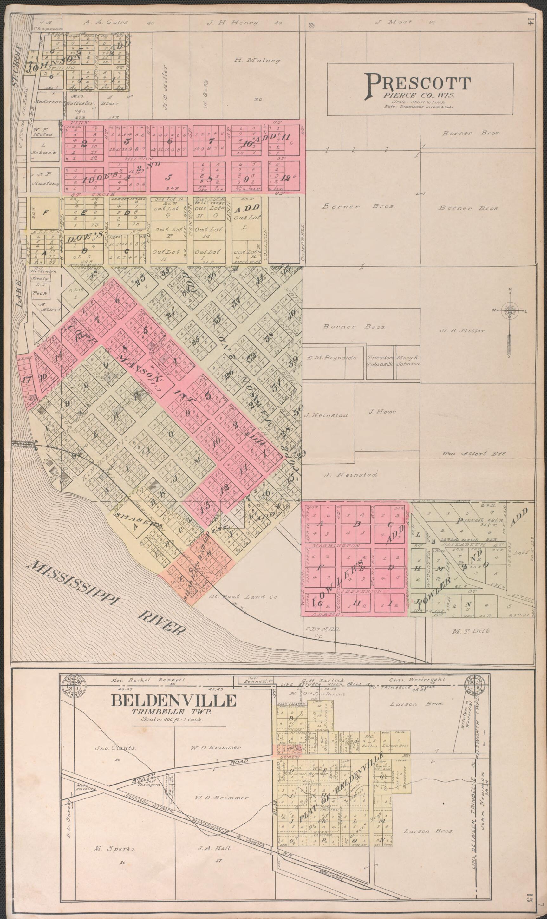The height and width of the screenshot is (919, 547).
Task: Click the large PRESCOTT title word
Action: point(418,84)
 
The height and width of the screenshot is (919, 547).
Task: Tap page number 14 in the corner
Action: point(530,22)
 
